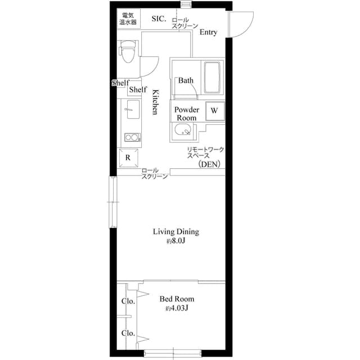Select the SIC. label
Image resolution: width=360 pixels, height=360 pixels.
pyautogui.click(x=159, y=19)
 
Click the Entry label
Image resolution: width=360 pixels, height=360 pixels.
pyautogui.click(x=208, y=33)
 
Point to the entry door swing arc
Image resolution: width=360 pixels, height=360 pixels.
pyautogui.click(x=241, y=28)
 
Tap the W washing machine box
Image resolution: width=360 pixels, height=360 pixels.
pyautogui.click(x=214, y=111)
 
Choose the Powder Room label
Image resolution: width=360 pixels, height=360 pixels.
pyautogui.click(x=187, y=114)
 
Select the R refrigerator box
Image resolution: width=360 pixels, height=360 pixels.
pyautogui.click(x=128, y=157)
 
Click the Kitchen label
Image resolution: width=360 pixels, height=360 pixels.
pyautogui.click(x=156, y=102)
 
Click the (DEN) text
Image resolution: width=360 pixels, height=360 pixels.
pyautogui.click(x=209, y=164)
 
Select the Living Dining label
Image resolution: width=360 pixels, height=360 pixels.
pyautogui.click(x=177, y=231)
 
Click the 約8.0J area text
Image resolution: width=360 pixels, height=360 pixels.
pyautogui.click(x=176, y=241)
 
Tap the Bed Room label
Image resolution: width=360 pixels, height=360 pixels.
pyautogui.click(x=177, y=299)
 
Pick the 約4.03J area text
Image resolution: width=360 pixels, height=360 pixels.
pyautogui.click(x=176, y=308)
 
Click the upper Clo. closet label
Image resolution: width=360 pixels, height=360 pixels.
pyautogui.click(x=128, y=301)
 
